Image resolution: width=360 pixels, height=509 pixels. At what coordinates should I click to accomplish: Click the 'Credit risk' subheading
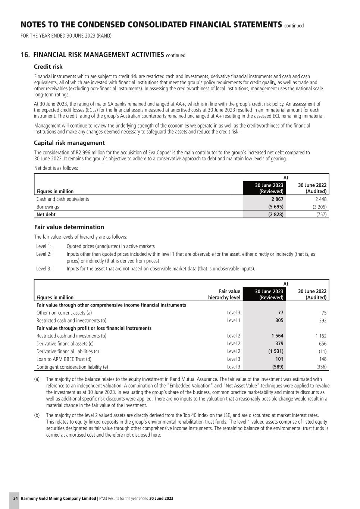click(x=48, y=67)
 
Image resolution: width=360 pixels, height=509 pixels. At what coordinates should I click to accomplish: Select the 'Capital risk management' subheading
click(x=69, y=143)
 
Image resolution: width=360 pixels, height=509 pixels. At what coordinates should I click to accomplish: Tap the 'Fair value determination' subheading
click(x=69, y=227)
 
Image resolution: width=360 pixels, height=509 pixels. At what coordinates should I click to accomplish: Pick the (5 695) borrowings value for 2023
click(x=276, y=207)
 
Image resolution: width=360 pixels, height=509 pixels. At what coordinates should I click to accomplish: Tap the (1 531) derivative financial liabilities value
click(x=276, y=351)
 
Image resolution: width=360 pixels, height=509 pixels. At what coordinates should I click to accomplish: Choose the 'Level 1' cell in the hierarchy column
click(x=234, y=320)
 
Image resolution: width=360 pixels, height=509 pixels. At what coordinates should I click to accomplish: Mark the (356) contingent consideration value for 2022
click(x=321, y=367)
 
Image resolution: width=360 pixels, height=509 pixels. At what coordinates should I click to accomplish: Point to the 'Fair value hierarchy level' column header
click(x=224, y=295)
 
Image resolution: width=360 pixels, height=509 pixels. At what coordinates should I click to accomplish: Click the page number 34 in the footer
click(x=15, y=499)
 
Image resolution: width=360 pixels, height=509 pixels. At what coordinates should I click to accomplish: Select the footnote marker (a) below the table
click(x=37, y=379)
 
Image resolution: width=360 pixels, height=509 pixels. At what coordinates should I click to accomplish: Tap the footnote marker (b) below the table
click(x=37, y=415)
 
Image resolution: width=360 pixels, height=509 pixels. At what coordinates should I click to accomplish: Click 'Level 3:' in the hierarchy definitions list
click(x=44, y=268)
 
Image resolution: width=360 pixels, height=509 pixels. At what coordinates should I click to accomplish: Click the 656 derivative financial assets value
click(x=322, y=344)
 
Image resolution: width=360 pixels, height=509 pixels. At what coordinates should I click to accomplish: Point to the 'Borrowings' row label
click(x=48, y=207)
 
